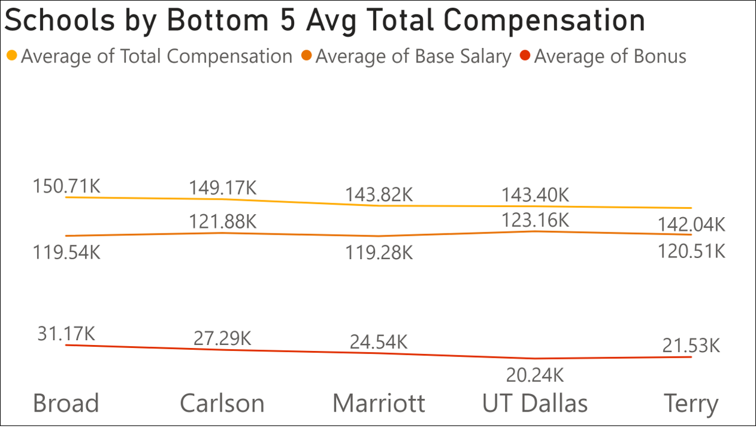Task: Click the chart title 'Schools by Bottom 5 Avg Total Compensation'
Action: click(324, 21)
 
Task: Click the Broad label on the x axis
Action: click(66, 403)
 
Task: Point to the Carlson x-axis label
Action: click(222, 403)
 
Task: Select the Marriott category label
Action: click(379, 403)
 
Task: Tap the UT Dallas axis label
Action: click(535, 403)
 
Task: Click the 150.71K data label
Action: click(66, 186)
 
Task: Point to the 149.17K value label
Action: click(222, 188)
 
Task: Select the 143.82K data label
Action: click(379, 195)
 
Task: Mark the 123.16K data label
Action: click(535, 220)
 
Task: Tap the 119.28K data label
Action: click(379, 253)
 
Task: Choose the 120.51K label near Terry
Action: click(691, 250)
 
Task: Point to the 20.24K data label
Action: click(535, 375)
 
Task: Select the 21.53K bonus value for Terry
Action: click(691, 346)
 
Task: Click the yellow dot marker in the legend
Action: click(12, 56)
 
